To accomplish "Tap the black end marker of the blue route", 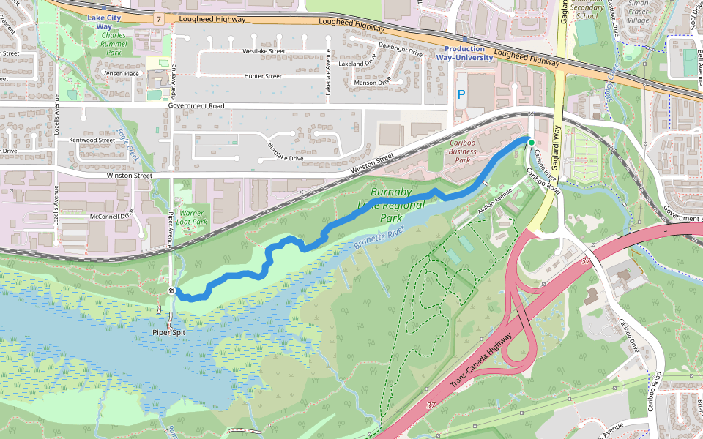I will point(171,291).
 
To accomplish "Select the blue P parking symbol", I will point(461,94).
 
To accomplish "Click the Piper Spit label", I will point(168,332).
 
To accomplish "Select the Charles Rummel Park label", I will point(114,44).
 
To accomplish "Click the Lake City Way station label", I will point(99,22).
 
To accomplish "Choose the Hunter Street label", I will point(263,76).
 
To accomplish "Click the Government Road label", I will point(196,105).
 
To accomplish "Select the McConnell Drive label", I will point(111,216).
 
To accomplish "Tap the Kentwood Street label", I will point(92,140).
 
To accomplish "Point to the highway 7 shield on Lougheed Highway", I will point(158,16).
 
